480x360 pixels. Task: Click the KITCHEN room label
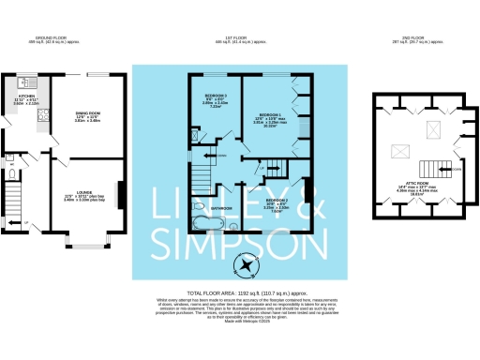tap(26, 96)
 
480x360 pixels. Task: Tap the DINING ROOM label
tap(88, 114)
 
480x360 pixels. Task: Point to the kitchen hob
tap(43, 116)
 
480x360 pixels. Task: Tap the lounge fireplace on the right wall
tap(119, 194)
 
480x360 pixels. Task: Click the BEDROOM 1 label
tap(269, 115)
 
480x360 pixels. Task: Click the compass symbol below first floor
tap(247, 265)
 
